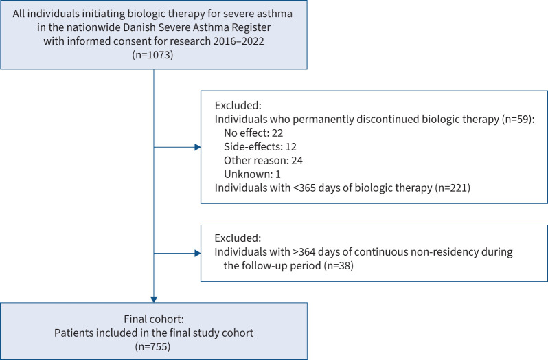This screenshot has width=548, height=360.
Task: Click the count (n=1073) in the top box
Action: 152,55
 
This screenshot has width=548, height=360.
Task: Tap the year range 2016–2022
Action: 238,41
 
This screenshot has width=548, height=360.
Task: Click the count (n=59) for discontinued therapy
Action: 518,119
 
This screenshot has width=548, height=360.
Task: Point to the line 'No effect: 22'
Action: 253,133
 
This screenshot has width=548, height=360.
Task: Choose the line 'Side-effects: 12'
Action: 260,146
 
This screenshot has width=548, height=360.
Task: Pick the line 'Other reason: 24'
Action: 263,160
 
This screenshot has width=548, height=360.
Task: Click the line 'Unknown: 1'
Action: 252,174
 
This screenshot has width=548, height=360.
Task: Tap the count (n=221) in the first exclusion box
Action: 453,188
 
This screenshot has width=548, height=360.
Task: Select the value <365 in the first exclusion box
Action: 304,188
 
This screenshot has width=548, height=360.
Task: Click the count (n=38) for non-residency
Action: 339,265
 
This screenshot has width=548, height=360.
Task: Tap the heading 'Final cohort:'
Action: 154,319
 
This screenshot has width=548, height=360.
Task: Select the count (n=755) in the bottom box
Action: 152,346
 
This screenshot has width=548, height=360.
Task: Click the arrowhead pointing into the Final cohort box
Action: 154,300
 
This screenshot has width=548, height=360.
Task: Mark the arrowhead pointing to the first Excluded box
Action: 198,147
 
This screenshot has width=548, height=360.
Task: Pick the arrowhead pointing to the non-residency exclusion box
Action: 198,253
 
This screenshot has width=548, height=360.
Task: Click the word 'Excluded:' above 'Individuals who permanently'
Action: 238,105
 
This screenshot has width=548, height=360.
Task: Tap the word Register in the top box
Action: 251,27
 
